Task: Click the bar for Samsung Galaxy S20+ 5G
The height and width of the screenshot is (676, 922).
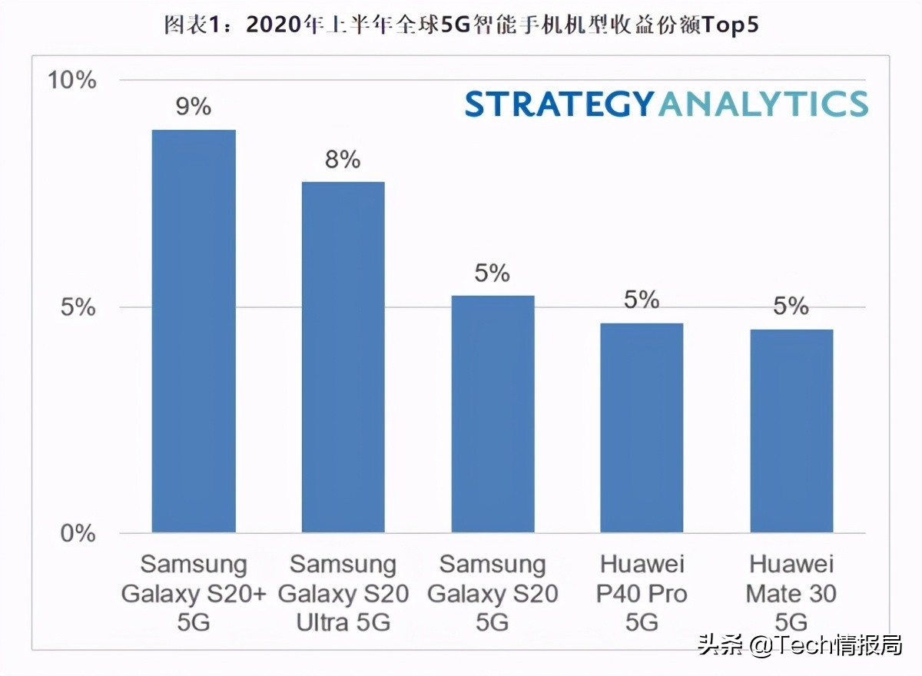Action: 194,331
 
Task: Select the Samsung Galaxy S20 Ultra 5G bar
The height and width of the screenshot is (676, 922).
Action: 343,357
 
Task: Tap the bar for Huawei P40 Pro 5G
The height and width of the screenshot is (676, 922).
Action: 642,428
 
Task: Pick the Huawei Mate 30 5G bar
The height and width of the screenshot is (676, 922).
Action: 791,431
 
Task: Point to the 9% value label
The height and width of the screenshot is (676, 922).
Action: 194,106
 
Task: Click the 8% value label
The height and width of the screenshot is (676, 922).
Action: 343,159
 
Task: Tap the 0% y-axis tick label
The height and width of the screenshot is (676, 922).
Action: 78,533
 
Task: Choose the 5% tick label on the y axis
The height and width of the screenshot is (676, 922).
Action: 78,307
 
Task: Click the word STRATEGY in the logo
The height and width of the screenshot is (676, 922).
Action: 559,104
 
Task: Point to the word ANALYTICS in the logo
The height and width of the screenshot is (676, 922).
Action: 762,104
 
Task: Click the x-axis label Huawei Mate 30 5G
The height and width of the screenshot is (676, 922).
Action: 791,593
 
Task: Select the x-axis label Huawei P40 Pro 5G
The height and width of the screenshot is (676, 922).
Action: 642,593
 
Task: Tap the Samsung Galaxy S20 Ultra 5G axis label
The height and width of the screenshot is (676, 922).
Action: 343,593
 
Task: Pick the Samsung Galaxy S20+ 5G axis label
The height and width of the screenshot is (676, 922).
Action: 194,593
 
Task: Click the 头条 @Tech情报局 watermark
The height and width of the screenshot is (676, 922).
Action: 799,645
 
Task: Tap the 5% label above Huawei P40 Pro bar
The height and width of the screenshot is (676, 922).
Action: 642,300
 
